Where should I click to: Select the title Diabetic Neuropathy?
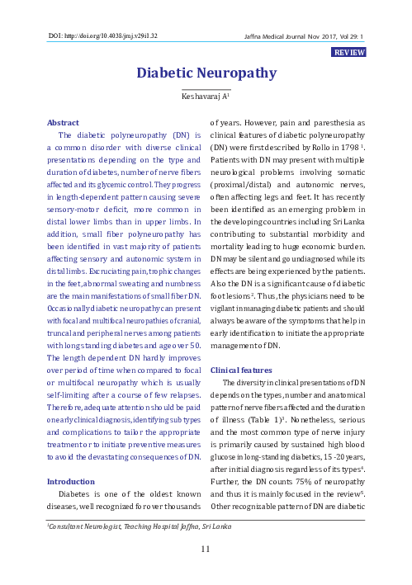(x=206, y=73)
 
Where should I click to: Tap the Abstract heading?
(x=64, y=121)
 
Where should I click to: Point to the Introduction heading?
(x=71, y=481)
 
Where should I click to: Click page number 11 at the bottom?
(x=206, y=549)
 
